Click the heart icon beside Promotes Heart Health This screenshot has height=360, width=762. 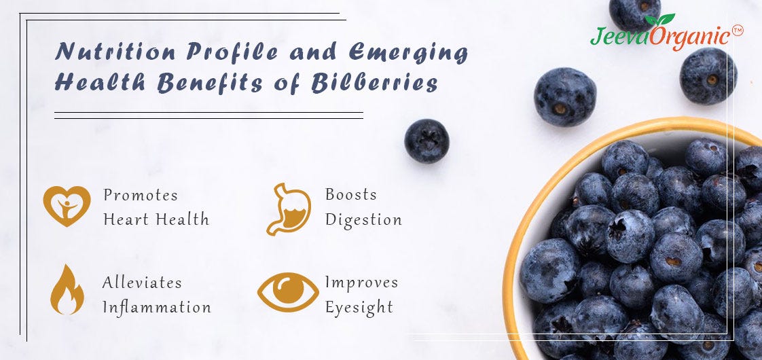(x=67, y=206)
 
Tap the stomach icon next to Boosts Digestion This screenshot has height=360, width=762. (x=288, y=209)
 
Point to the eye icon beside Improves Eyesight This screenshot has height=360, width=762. (x=288, y=291)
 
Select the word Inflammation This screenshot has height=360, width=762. (x=157, y=308)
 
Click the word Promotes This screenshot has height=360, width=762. (x=141, y=196)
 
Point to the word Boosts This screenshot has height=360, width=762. (x=351, y=194)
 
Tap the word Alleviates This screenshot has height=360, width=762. (x=142, y=282)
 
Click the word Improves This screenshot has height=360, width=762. (x=361, y=282)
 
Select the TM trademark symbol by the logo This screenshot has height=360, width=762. (x=738, y=31)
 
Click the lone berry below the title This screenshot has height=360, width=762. (x=427, y=141)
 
